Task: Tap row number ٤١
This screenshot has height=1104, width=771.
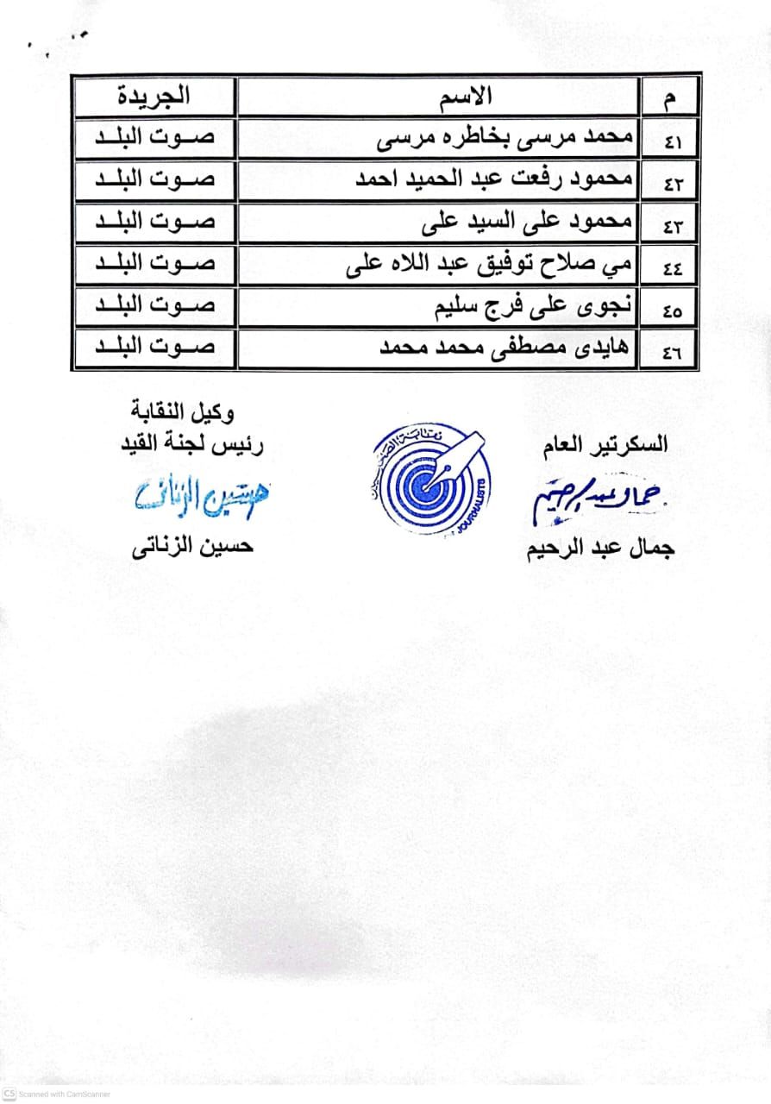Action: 673,141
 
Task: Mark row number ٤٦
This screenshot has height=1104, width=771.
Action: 673,353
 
